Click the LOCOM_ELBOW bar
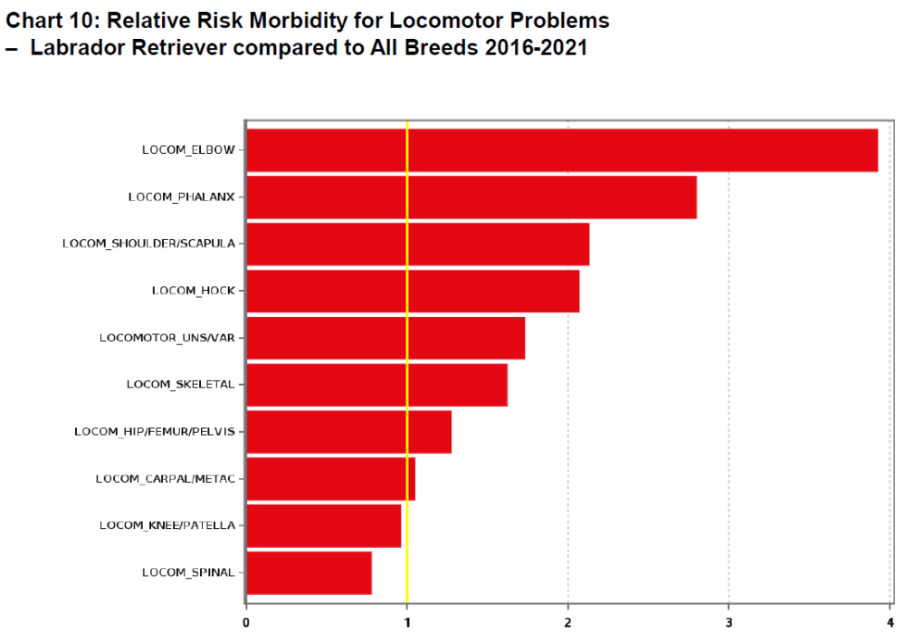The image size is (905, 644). click(561, 150)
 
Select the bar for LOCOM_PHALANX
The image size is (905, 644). click(471, 197)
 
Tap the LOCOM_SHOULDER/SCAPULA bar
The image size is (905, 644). click(417, 245)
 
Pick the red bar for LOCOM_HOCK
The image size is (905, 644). click(413, 291)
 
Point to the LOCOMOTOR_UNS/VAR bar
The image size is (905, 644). click(386, 338)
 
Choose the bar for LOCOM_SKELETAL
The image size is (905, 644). click(376, 385)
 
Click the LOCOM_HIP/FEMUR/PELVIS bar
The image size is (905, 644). click(348, 432)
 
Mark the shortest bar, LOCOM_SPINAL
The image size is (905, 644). click(309, 572)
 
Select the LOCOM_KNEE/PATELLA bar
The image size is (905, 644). click(323, 526)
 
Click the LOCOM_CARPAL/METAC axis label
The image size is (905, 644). click(165, 478)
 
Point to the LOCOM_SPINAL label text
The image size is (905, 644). click(187, 572)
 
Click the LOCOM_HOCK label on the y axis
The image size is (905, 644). click(193, 291)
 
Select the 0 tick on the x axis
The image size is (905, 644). click(246, 622)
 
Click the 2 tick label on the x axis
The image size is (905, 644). click(567, 622)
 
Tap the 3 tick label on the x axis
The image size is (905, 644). click(729, 622)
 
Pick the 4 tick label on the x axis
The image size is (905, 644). click(890, 622)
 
